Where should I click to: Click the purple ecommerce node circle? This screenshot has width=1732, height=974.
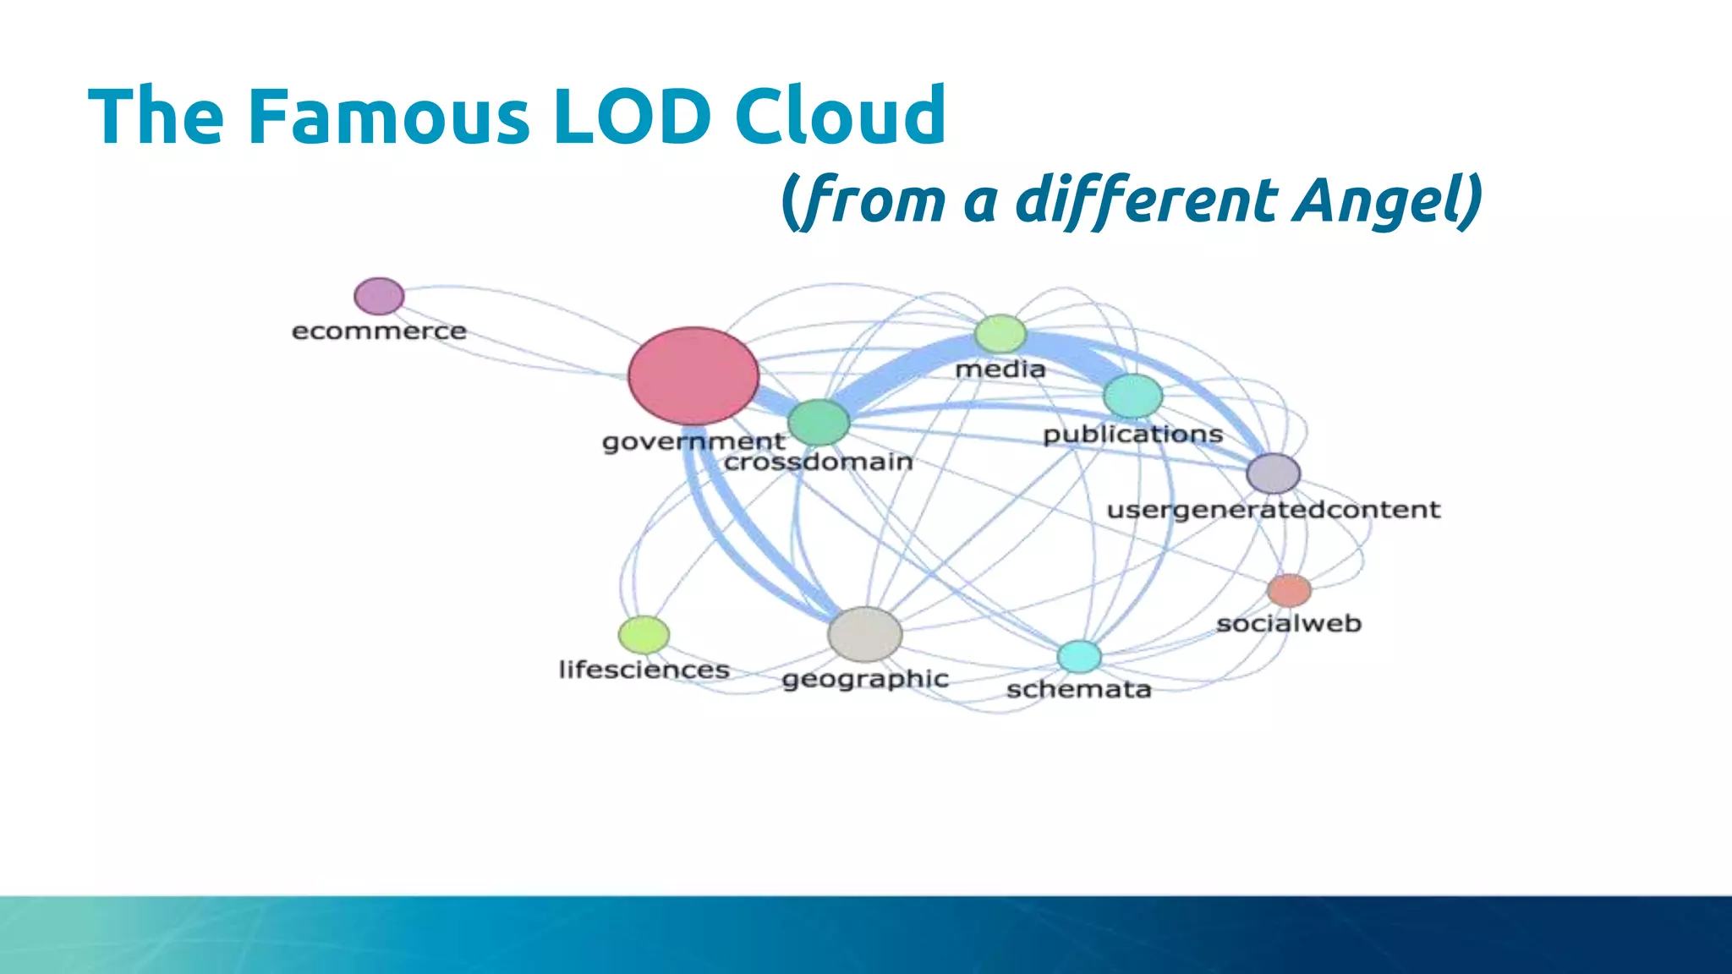pyautogui.click(x=379, y=296)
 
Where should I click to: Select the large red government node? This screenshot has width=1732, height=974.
pyautogui.click(x=693, y=375)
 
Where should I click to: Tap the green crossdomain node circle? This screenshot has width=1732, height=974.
pyautogui.click(x=819, y=422)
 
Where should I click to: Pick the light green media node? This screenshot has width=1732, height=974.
pyautogui.click(x=1000, y=334)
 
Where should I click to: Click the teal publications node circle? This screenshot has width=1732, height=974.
pyautogui.click(x=1133, y=396)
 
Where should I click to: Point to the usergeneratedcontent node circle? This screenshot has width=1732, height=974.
pyautogui.click(x=1273, y=473)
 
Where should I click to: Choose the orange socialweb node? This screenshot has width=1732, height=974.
pyautogui.click(x=1289, y=590)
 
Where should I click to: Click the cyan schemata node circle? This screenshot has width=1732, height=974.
pyautogui.click(x=1080, y=656)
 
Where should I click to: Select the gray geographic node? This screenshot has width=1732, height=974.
pyautogui.click(x=864, y=634)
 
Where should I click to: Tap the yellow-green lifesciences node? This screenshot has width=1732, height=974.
pyautogui.click(x=644, y=635)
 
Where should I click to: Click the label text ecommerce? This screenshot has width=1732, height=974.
pyautogui.click(x=379, y=331)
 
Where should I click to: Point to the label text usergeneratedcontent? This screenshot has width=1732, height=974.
pyautogui.click(x=1273, y=510)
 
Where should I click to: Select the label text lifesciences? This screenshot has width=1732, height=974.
pyautogui.click(x=644, y=670)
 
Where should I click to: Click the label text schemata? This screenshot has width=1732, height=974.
pyautogui.click(x=1078, y=690)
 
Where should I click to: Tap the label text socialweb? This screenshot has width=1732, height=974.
pyautogui.click(x=1289, y=624)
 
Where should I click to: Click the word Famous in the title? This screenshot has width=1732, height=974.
pyautogui.click(x=388, y=116)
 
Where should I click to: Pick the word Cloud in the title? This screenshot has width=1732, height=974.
pyautogui.click(x=840, y=116)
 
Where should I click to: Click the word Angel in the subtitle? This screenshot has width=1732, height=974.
pyautogui.click(x=1387, y=201)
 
